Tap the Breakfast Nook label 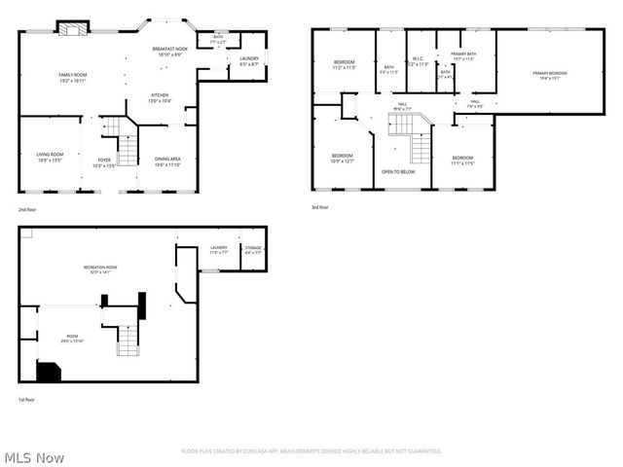168,52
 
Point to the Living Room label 50,156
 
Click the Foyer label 103,162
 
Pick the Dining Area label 167,162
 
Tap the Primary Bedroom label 550,76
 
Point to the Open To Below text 399,171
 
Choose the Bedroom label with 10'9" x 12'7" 342,158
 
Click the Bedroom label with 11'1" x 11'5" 462,160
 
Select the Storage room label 252,250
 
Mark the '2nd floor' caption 27,209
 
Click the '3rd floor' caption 320,208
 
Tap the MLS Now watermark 35,457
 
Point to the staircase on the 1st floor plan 128,340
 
